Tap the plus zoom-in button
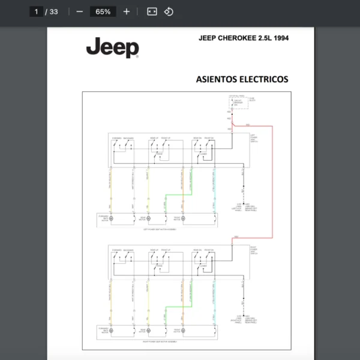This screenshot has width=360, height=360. (x=126, y=11)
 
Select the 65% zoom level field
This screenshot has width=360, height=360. (x=103, y=11)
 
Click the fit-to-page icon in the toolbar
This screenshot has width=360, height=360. (x=152, y=11)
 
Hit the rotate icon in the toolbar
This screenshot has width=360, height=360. (x=169, y=11)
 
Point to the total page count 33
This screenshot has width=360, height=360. (x=53, y=11)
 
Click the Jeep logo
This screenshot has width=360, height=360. (x=112, y=48)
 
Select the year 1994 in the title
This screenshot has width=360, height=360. (x=280, y=38)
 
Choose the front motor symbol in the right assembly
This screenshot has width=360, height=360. (x=184, y=330)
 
